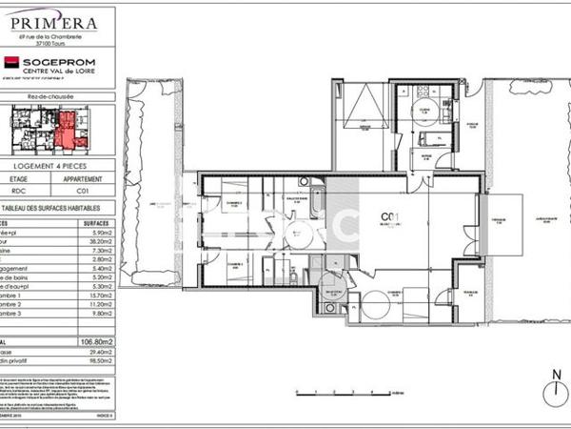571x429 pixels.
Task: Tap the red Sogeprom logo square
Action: tap(12, 63)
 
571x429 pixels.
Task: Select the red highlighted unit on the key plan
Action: tap(67, 128)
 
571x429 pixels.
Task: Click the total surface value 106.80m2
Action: tap(95, 340)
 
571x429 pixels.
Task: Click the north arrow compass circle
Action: tap(550, 392)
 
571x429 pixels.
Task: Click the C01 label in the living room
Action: tap(388, 215)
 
